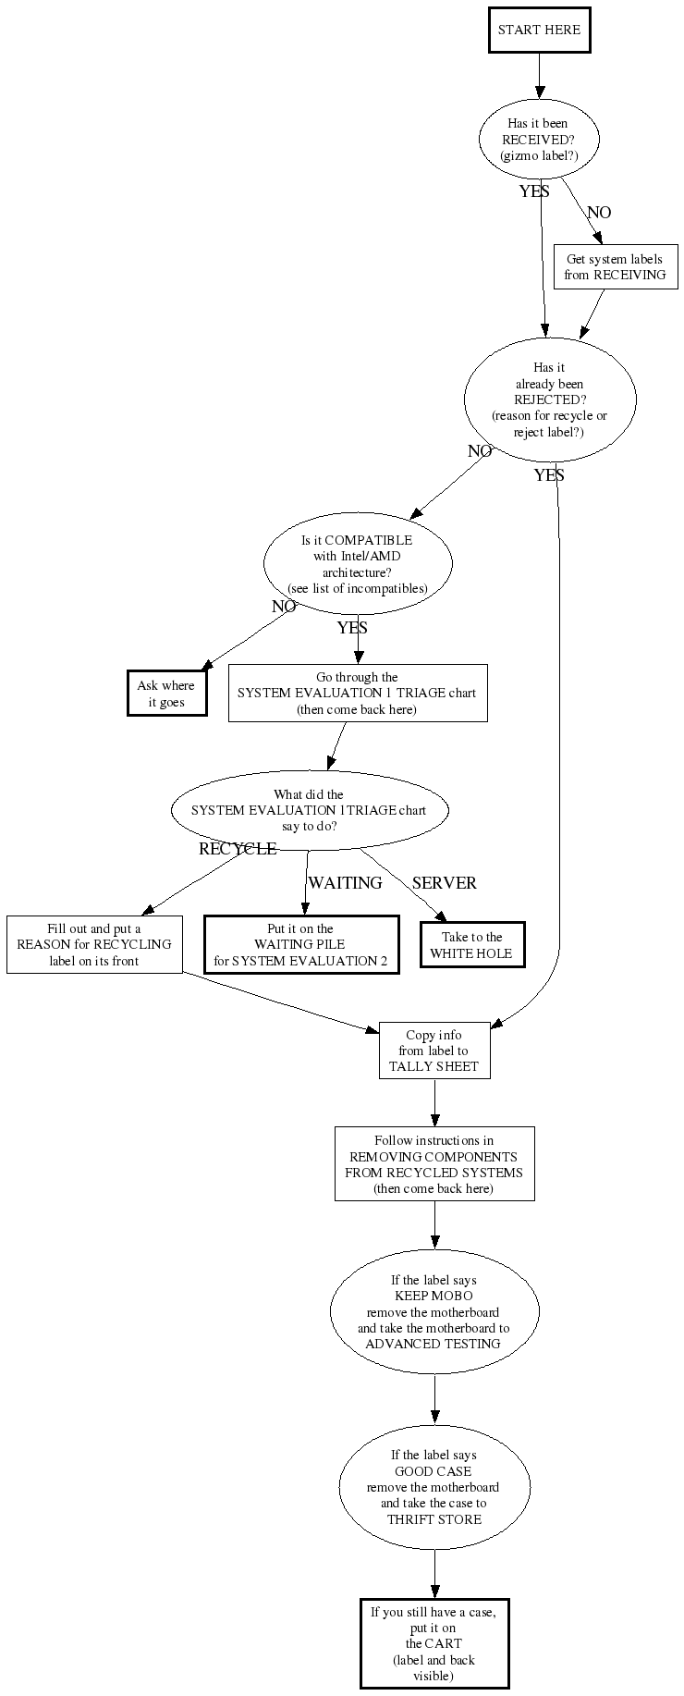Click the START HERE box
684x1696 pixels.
tap(539, 30)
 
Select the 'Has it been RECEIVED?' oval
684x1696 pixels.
tap(539, 140)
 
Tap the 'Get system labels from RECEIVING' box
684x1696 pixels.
tap(615, 267)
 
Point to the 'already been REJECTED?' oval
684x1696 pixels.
tap(549, 399)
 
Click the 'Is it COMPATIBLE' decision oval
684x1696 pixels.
tap(358, 564)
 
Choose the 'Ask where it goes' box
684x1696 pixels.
tap(166, 694)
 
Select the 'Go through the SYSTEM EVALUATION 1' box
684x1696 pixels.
tap(357, 693)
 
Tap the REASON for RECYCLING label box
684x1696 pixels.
tap(94, 944)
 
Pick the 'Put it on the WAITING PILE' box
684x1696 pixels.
tap(300, 944)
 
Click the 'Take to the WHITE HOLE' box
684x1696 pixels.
tap(472, 944)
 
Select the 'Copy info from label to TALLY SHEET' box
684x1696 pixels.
tap(434, 1051)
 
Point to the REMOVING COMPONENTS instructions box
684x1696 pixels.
tap(434, 1163)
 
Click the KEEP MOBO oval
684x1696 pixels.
tap(434, 1311)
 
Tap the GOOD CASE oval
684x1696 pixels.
tap(434, 1486)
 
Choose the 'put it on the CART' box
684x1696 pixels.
tap(434, 1643)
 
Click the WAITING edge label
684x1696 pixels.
tap(345, 883)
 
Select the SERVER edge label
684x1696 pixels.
tap(445, 883)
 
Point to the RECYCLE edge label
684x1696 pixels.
tap(238, 849)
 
